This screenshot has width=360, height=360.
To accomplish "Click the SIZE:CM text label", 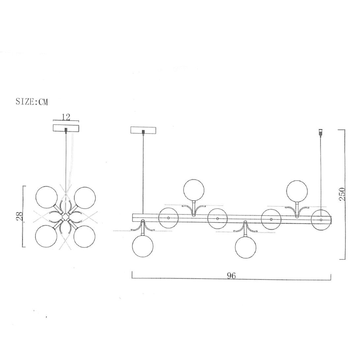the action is (32, 102).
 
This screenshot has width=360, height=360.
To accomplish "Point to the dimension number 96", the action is (231, 276).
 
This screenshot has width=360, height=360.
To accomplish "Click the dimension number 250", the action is (342, 194).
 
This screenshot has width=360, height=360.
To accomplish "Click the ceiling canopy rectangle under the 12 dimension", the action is (66, 128).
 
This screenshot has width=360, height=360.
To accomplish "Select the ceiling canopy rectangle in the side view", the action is (143, 130).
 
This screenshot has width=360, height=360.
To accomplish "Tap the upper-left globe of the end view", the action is (46, 197).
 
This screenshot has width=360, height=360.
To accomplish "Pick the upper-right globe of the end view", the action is (85, 197).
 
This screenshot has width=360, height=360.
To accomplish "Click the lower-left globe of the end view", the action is (46, 236).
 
